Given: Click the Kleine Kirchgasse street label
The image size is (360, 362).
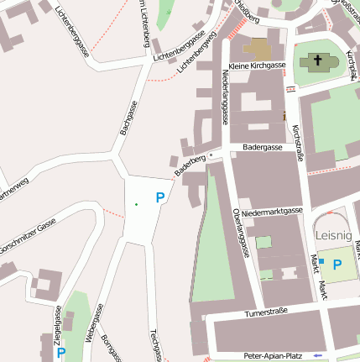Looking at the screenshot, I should point(257,66).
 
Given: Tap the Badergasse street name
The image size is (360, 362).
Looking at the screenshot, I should point(262,146).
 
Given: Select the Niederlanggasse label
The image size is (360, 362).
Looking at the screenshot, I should point(225,95).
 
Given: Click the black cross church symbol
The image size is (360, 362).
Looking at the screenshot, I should point(317,60).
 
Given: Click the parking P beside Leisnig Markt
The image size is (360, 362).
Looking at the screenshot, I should point(337,265).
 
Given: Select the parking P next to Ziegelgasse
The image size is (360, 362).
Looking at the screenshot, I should point(60,354).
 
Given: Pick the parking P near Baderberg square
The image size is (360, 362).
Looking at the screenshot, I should point(159,197).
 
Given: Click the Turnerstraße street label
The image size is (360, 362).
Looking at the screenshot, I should point(265,312).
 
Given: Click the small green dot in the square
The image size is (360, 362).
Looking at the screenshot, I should point(136,204).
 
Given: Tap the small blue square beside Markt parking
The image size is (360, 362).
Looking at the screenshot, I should point(321,262).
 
